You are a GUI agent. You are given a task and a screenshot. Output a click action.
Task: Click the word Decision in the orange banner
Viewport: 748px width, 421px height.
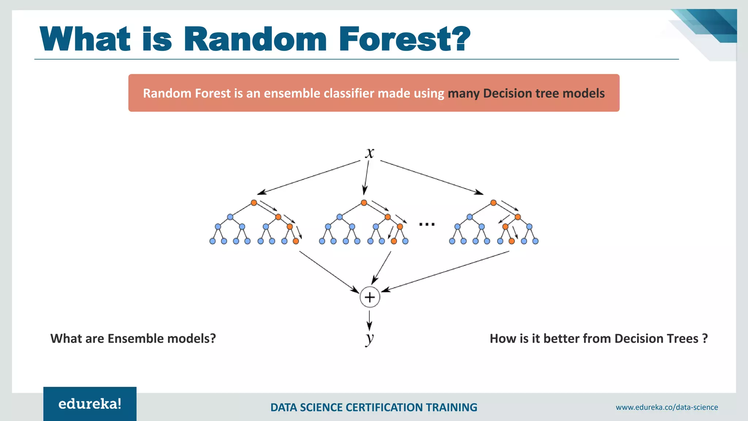point(507,93)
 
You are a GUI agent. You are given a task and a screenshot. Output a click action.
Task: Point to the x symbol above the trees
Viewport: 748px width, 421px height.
point(370,153)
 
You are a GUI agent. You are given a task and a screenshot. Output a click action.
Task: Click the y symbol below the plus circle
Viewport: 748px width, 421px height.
point(370,338)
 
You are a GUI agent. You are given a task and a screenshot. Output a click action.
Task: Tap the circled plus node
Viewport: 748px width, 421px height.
point(370,297)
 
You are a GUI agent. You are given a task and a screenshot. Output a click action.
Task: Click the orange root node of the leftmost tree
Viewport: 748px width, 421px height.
point(254,203)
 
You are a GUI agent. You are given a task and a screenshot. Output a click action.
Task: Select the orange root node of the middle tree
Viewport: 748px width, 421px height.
point(364,203)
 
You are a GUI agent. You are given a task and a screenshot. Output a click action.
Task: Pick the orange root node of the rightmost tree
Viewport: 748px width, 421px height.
point(493,203)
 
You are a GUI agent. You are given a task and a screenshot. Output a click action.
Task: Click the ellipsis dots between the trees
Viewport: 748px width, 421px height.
point(427,224)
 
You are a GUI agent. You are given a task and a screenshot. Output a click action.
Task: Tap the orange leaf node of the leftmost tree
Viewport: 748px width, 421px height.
point(296,241)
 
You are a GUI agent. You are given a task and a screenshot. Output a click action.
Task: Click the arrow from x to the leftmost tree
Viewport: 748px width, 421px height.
point(309,178)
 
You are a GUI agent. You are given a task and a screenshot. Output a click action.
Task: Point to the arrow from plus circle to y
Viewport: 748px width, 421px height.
point(369,321)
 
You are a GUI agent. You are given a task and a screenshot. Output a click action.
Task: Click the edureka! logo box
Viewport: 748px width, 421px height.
point(90,404)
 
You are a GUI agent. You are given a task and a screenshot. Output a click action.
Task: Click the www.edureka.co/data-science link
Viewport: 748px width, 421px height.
point(667,407)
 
